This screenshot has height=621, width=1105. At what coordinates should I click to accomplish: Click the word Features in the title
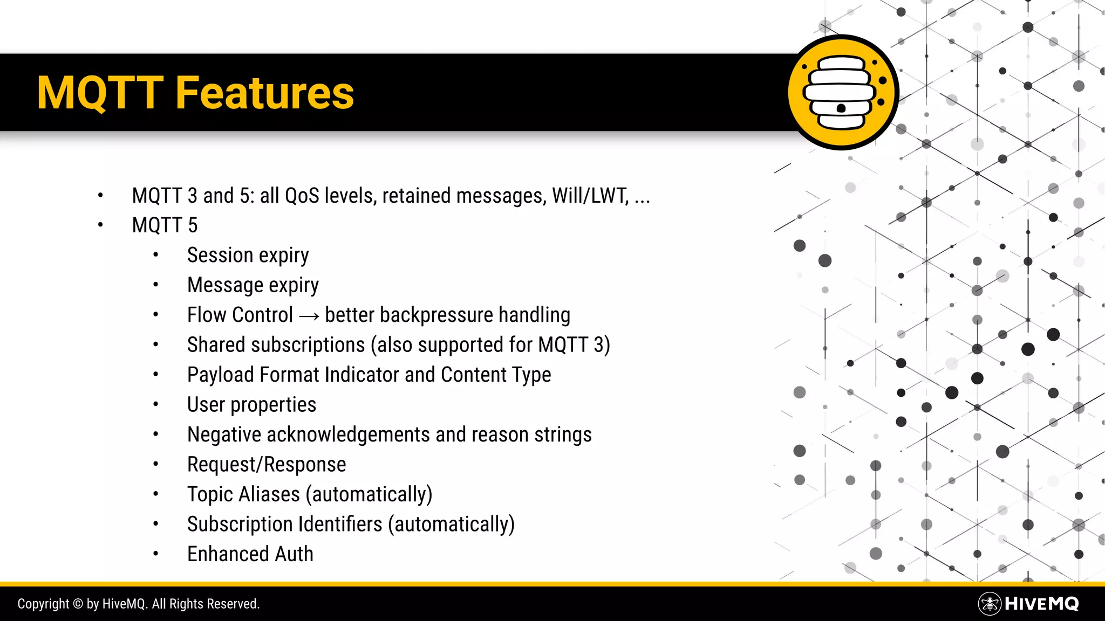tap(264, 93)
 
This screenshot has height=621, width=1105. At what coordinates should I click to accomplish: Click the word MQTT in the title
tap(100, 93)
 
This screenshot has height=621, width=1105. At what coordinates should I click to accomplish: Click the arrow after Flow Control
tap(309, 316)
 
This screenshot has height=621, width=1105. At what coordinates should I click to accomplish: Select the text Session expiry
tap(248, 256)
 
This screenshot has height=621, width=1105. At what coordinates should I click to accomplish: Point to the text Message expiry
tap(253, 285)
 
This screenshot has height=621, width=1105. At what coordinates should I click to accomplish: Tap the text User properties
tap(251, 405)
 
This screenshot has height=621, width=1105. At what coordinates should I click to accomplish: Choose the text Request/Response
tap(267, 465)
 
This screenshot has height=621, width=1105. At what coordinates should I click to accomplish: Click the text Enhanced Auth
tap(250, 554)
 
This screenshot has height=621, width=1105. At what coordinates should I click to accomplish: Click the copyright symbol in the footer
tap(78, 604)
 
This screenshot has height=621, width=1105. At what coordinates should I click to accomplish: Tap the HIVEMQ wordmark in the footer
tap(1041, 604)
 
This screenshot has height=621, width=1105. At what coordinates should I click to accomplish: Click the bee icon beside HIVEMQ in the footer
tap(990, 604)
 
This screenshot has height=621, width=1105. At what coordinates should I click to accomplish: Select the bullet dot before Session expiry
tap(155, 256)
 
